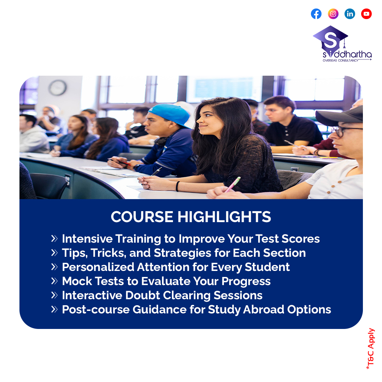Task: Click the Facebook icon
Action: point(316,14)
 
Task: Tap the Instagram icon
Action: point(333,14)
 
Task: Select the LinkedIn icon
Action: point(349,14)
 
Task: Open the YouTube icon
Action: point(366,14)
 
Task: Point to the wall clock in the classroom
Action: point(58,88)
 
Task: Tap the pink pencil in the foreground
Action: point(232,184)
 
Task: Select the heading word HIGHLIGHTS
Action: point(224,216)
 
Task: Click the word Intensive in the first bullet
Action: point(87,238)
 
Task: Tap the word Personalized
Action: point(98,267)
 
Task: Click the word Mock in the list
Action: point(77,281)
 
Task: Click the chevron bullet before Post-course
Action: point(54,309)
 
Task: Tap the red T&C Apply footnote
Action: point(371,348)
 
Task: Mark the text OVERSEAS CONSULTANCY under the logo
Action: point(340,60)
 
